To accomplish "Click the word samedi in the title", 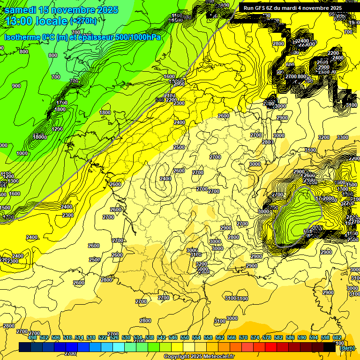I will click(x=21, y=10).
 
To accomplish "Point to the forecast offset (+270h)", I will click(x=83, y=21).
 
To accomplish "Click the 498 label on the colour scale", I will click(x=32, y=337).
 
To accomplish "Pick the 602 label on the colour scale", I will click(x=337, y=337).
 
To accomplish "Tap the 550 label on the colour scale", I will click(x=185, y=337).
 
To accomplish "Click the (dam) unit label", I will click(x=347, y=348).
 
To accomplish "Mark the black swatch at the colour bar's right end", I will click(x=330, y=347).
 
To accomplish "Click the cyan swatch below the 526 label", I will click(x=119, y=347).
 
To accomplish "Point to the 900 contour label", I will click(x=16, y=86).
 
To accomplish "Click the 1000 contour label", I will click(x=22, y=153).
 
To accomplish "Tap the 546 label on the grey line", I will click(x=159, y=100).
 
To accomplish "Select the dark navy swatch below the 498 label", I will click(x=25, y=347).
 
